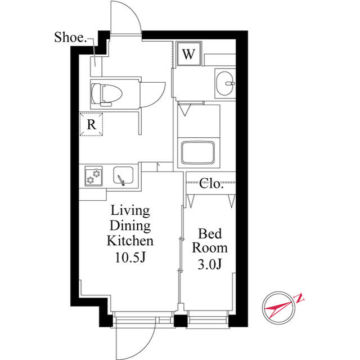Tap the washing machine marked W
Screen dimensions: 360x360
[189, 54]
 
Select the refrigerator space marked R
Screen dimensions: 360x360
[91, 124]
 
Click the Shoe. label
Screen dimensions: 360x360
[70, 37]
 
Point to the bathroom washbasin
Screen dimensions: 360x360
[225, 83]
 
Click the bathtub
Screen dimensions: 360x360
[198, 152]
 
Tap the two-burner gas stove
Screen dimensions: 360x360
[94, 176]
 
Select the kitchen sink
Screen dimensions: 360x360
[123, 175]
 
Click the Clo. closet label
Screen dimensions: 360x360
[211, 184]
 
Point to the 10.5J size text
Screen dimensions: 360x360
[130, 258]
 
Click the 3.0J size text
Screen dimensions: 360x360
[210, 264]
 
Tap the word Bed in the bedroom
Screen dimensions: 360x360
[210, 234]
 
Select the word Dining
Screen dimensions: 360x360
[130, 226]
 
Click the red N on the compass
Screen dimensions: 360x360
[299, 298]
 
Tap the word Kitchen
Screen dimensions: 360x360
[130, 241]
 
